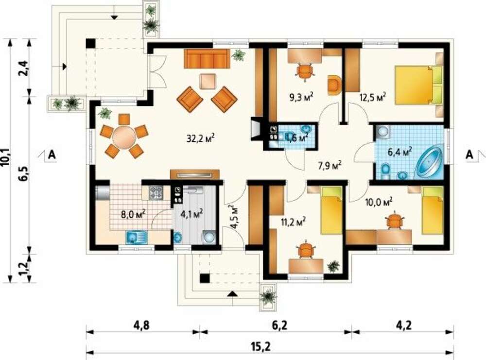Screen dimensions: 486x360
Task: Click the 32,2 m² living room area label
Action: click(x=201, y=138)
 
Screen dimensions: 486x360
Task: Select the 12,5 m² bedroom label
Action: click(x=372, y=97)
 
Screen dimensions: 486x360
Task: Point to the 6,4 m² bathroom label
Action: click(x=400, y=152)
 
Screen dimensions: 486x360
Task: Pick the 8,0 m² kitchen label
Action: click(x=134, y=214)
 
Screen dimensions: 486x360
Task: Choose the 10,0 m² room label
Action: click(x=379, y=202)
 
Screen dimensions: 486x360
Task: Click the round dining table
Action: click(x=124, y=136)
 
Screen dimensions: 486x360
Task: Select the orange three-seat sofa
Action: click(x=207, y=58)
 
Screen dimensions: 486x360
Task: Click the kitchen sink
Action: click(x=137, y=237)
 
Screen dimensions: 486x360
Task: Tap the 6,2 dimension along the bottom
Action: click(x=279, y=326)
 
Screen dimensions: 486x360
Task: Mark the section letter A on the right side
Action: click(x=469, y=154)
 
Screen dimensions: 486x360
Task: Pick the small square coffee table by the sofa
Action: click(x=208, y=82)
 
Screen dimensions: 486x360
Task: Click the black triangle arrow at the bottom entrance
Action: click(x=232, y=294)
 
